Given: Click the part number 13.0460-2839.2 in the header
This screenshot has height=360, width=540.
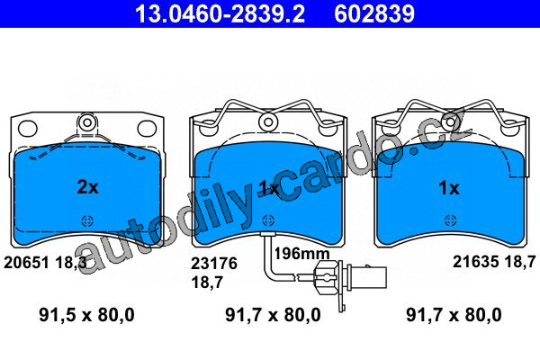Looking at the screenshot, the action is (220, 13).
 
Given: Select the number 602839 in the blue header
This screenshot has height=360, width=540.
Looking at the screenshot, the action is (374, 13).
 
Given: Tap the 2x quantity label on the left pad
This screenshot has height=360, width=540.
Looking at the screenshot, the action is (88, 187).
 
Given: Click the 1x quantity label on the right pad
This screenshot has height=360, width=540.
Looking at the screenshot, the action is (449, 188).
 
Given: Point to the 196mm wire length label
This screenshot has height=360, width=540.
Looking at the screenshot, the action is (301, 254).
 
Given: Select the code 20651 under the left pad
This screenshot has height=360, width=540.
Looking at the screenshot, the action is (26, 263).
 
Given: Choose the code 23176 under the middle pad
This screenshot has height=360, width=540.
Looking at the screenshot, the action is (214, 264).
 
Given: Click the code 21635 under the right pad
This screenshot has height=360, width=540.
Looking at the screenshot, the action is (475, 262).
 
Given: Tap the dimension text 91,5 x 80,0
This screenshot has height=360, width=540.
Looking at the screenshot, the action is (86, 315).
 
